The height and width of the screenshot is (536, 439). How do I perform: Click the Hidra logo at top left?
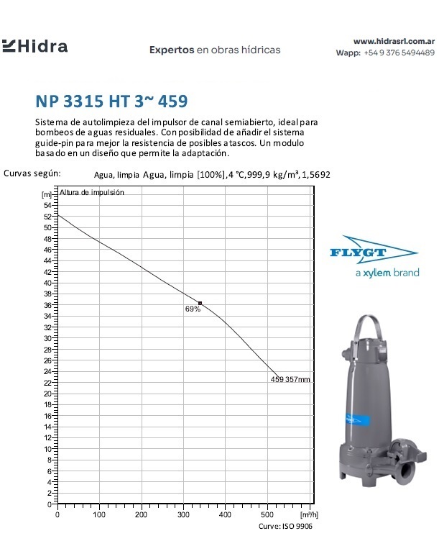click(x=36, y=47)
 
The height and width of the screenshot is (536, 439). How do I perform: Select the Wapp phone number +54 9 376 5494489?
click(x=399, y=53)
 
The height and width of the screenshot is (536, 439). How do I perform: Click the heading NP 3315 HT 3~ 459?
click(x=114, y=100)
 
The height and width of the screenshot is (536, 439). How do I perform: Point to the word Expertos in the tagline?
click(x=172, y=50)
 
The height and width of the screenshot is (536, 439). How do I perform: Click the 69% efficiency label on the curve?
click(x=193, y=309)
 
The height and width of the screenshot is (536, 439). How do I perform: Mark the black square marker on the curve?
click(x=200, y=304)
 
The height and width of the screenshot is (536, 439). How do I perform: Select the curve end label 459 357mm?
click(x=290, y=379)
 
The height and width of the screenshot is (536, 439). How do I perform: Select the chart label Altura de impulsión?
click(x=92, y=192)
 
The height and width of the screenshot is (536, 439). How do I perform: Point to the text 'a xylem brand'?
click(x=387, y=273)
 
